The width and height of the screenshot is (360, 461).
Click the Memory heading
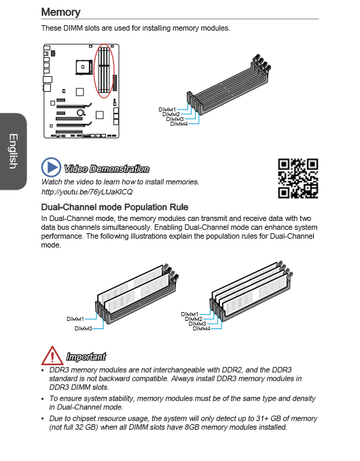tap(60, 12)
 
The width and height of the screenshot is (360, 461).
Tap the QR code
tap(298, 178)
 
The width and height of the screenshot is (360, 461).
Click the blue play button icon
tap(51, 167)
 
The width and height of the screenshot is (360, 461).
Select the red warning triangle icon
tap(52, 356)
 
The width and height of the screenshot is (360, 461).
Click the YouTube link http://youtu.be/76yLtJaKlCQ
tap(87, 192)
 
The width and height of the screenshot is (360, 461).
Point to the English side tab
tap(13, 152)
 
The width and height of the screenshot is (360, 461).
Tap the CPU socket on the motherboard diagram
tap(84, 67)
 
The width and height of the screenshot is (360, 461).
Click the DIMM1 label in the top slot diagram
tap(167, 109)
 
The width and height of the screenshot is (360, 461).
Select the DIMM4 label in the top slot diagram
tap(179, 124)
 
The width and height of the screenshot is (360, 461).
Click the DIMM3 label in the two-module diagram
tap(83, 328)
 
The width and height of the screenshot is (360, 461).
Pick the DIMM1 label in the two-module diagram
tap(75, 319)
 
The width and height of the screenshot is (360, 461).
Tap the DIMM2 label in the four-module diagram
tap(194, 319)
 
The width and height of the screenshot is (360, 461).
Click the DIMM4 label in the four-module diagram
tap(202, 328)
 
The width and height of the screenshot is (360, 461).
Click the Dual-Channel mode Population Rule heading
tap(115, 207)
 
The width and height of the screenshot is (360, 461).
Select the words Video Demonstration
tap(107, 169)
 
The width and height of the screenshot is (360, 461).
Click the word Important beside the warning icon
tap(86, 356)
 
